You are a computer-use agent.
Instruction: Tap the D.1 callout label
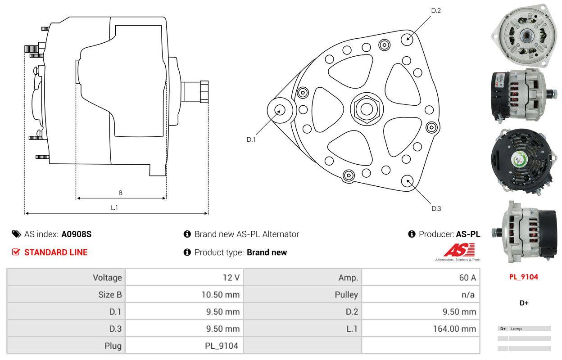(251, 139)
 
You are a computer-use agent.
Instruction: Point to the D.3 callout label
(436, 208)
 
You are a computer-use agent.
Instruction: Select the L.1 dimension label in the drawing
(114, 207)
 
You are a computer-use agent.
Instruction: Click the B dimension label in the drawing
(120, 193)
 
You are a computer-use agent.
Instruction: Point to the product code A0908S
(77, 234)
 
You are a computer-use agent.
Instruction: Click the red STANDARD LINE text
(56, 252)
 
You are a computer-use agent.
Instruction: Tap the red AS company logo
(459, 250)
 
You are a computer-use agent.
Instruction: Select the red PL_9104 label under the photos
(524, 277)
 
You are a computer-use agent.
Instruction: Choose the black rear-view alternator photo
(521, 161)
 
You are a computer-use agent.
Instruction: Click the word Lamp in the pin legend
(517, 328)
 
